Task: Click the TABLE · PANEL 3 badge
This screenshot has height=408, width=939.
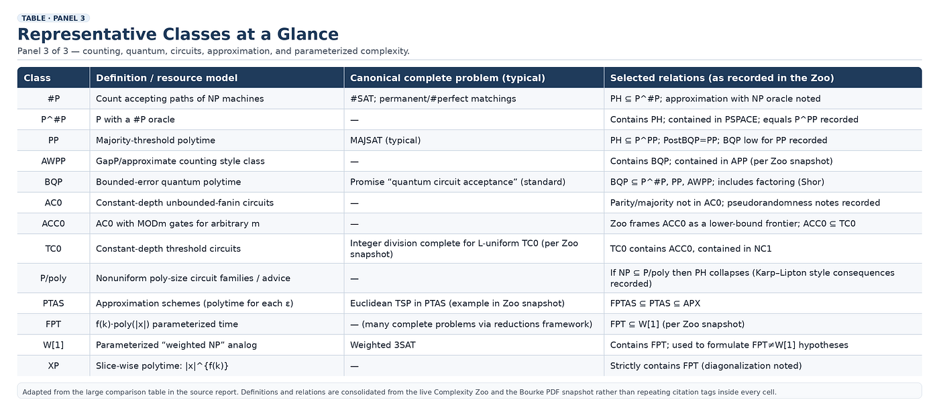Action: pyautogui.click(x=53, y=18)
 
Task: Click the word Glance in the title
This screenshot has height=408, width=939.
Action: pyautogui.click(x=308, y=34)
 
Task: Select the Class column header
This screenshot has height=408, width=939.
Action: pyautogui.click(x=38, y=78)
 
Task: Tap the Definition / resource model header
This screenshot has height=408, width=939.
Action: pyautogui.click(x=166, y=78)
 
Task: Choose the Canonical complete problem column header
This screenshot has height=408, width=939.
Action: pyautogui.click(x=447, y=78)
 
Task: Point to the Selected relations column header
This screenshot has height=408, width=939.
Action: pyautogui.click(x=722, y=78)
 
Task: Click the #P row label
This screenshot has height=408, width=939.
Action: pyautogui.click(x=53, y=99)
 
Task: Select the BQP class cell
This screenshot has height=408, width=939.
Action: pyautogui.click(x=53, y=182)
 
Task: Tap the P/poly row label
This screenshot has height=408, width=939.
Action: pyautogui.click(x=53, y=278)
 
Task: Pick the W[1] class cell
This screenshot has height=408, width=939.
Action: pyautogui.click(x=53, y=345)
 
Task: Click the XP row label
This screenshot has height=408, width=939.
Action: pyautogui.click(x=53, y=366)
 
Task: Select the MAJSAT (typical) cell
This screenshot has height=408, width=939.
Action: pyautogui.click(x=385, y=140)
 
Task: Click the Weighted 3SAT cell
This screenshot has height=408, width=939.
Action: pyautogui.click(x=383, y=345)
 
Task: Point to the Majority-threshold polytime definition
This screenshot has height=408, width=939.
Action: pyautogui.click(x=156, y=140)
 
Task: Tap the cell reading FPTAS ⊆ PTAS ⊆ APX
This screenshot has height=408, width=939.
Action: pyautogui.click(x=655, y=303)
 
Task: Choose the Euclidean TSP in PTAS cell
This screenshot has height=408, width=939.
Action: pyautogui.click(x=457, y=303)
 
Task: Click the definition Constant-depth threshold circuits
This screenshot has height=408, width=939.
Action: pyautogui.click(x=168, y=249)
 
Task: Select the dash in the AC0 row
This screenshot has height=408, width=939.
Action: pyautogui.click(x=354, y=203)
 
